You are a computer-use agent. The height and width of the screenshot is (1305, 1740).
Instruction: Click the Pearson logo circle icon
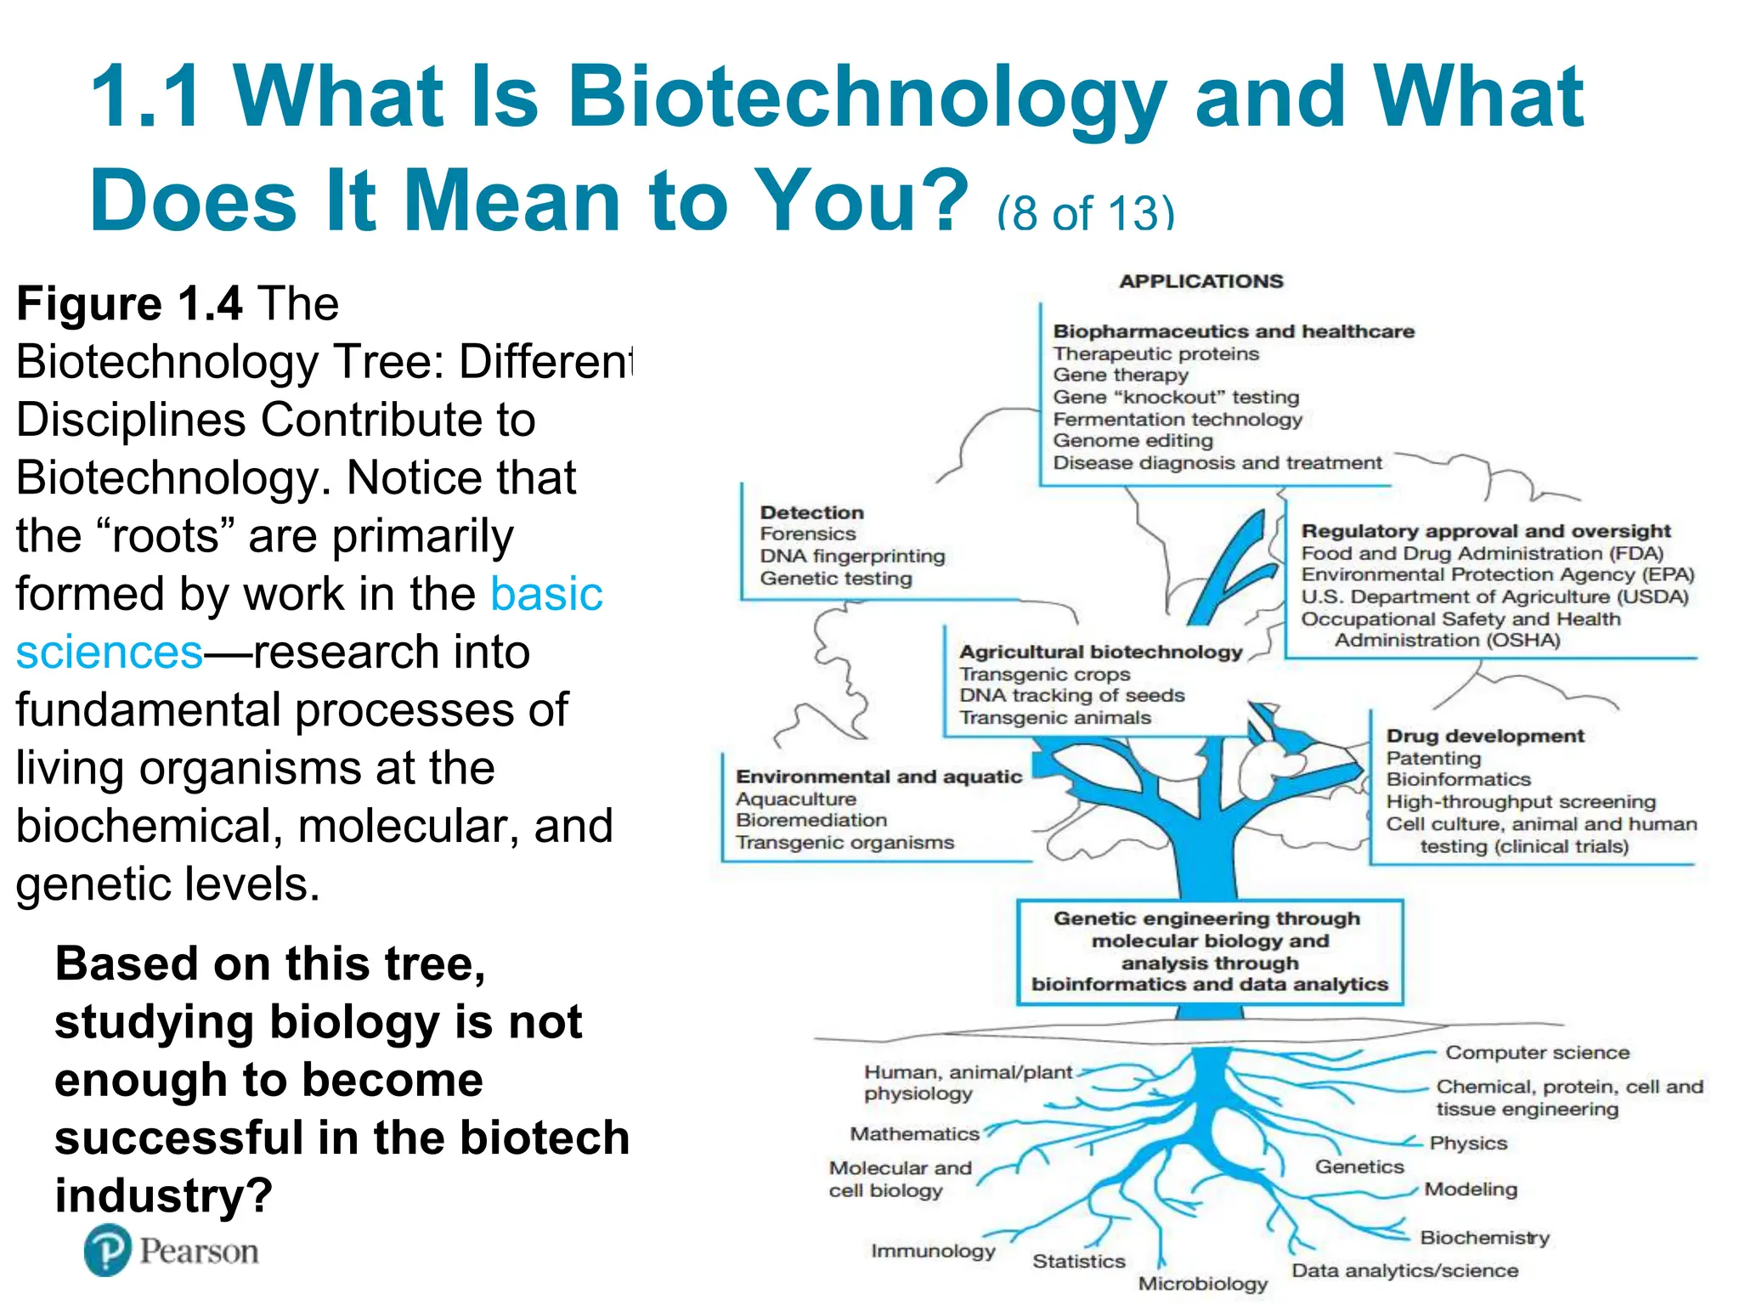108,1250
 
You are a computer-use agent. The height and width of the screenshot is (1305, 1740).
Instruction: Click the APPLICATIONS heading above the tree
1200,281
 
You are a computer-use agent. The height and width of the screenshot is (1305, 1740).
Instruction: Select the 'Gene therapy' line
1120,376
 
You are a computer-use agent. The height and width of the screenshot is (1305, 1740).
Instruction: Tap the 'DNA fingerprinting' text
852,556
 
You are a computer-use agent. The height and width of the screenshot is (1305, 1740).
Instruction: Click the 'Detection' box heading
811,512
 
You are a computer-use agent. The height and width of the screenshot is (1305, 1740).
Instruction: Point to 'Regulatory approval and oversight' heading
1485,531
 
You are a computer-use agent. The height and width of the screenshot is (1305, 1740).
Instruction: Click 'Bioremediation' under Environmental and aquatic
811,821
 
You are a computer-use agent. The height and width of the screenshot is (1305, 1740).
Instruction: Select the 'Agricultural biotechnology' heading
1100,652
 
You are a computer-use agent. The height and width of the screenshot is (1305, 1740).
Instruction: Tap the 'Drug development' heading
1484,736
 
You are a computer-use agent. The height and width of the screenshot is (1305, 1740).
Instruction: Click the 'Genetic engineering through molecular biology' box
1209,952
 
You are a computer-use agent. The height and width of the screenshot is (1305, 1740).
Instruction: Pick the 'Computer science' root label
1537,1053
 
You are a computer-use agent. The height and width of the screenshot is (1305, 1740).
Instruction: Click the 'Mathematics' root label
914,1134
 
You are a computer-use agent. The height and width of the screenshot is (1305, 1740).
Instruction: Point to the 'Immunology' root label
932,1251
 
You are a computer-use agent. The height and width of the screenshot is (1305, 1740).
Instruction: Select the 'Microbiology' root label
1202,1284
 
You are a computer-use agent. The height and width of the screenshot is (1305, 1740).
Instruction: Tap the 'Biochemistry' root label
1484,1238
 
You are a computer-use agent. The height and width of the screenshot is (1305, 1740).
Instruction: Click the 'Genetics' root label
1359,1167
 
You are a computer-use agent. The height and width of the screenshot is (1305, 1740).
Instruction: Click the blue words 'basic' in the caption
546,594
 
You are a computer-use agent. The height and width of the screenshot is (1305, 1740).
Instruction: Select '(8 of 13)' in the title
1085,212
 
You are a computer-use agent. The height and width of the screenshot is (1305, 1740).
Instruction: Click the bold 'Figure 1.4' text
129,304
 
